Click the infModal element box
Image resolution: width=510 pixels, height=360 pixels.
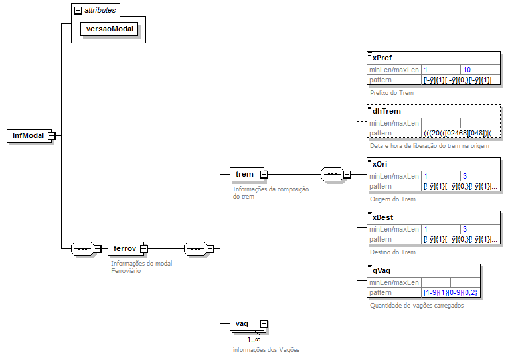tap(28, 135)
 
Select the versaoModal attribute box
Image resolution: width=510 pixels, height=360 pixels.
tap(110, 29)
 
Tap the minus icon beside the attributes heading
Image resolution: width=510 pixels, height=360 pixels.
tap(78, 11)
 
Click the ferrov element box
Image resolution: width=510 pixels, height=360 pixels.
tap(125, 249)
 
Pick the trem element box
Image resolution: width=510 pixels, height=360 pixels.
tap(244, 174)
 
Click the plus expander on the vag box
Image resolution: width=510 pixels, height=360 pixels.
tap(264, 323)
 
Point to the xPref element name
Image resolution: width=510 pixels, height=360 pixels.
tap(382, 58)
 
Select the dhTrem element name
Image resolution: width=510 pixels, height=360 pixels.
tap(386, 112)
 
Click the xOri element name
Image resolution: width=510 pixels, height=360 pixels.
tap(380, 164)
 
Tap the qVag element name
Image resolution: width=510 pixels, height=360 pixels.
tap(382, 270)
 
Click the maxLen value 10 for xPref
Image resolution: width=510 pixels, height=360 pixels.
tap(467, 70)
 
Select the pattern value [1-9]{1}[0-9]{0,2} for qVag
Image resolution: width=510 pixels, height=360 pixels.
tap(450, 292)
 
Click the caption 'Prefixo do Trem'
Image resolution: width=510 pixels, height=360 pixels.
tap(392, 93)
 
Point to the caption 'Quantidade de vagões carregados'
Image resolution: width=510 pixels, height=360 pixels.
tap(416, 306)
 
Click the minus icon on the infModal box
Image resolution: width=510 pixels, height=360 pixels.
tap(51, 135)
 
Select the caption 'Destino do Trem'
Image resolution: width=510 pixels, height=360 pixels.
tap(392, 252)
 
